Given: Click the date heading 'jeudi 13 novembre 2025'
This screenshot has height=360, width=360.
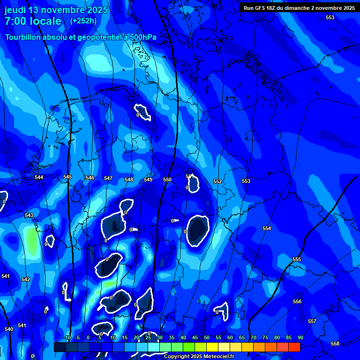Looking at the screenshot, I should click(x=56, y=10).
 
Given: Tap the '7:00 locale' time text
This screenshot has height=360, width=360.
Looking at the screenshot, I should click(x=33, y=21).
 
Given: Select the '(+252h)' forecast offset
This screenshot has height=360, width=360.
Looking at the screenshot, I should click(x=83, y=21).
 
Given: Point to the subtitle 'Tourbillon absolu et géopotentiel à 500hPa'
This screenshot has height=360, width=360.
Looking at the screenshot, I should click(x=81, y=37).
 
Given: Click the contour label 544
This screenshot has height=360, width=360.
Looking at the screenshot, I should click(x=39, y=177).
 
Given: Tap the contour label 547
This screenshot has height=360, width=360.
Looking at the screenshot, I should click(x=108, y=178).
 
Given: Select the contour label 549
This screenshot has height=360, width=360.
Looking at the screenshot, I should click(x=148, y=180).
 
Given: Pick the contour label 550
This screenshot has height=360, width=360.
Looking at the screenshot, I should click(x=167, y=180).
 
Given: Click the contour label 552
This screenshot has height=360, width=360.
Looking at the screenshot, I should click(x=217, y=181).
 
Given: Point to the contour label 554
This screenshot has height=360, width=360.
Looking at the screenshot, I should click(x=267, y=228).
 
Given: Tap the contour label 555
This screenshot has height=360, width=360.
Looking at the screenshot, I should click(x=297, y=259).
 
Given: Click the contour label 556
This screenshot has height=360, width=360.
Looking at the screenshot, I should click(x=297, y=301).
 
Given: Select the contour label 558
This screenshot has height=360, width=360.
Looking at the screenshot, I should click(x=335, y=344).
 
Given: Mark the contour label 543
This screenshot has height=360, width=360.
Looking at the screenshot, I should click(x=29, y=215).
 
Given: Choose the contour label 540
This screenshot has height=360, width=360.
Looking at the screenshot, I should click(x=9, y=329).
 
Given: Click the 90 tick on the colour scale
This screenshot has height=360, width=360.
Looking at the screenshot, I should click(x=300, y=337).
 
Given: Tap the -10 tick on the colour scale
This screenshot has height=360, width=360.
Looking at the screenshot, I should click(x=67, y=337).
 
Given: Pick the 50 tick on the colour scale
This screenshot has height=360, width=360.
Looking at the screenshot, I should click(x=207, y=337).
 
